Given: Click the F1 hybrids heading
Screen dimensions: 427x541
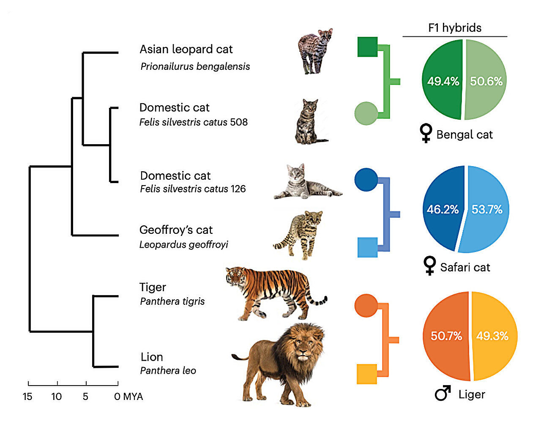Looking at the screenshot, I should coord(455,28).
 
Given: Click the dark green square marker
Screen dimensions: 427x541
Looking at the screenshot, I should coord(367,47).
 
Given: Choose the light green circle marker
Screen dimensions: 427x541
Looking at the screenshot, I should coord(366,113).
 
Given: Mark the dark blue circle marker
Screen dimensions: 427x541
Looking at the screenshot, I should coord(366,180).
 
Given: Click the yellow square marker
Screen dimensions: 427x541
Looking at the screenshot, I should coord(367,374).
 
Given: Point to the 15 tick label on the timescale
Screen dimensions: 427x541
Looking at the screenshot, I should coord(27,397).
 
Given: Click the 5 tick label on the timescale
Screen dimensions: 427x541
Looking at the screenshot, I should coord(86,397).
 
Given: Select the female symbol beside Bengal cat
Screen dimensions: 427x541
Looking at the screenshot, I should coord(426,133).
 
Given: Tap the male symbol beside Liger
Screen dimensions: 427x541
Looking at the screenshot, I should coord(443,393).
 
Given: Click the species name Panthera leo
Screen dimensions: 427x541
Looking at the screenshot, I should coord(168,370).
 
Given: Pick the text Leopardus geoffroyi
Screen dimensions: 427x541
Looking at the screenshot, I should coord(183,244).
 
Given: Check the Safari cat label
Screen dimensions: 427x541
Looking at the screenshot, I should coord(465,267).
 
